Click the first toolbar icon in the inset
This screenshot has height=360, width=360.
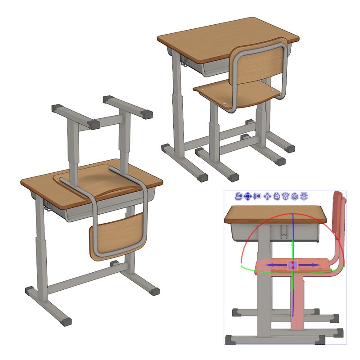[239, 196]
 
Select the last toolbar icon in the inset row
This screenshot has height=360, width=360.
[305, 196]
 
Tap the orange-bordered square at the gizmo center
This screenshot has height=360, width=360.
[293, 265]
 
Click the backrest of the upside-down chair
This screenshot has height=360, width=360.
[118, 234]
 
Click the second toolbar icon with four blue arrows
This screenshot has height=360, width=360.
[248, 196]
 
